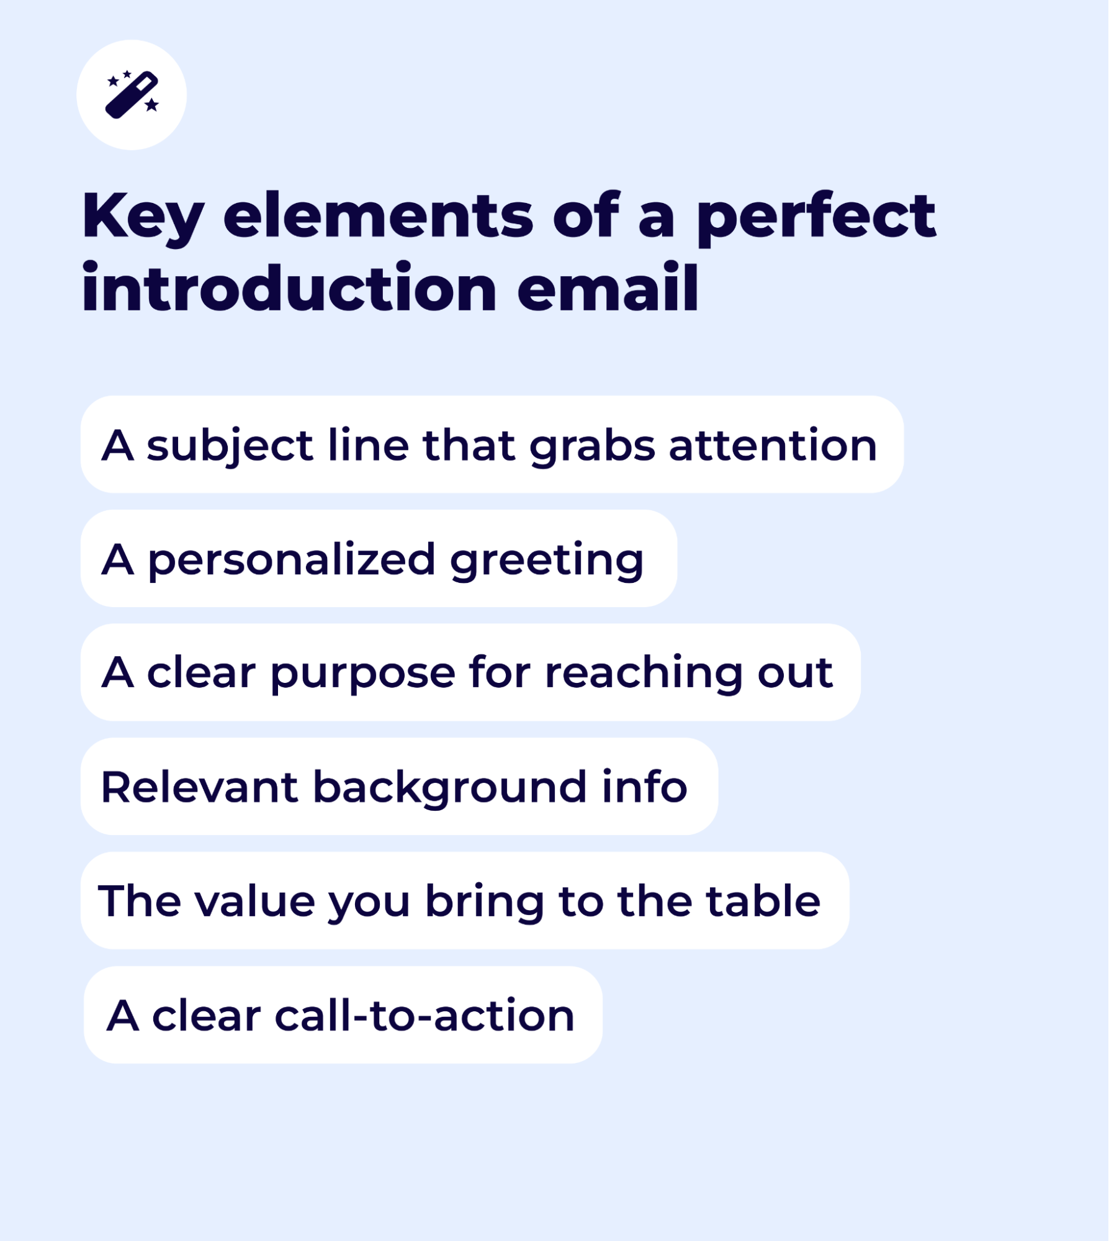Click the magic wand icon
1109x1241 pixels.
[x=132, y=94]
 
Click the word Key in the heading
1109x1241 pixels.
[x=143, y=217]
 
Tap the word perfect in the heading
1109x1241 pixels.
[x=816, y=217]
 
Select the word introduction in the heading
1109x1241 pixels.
[x=289, y=287]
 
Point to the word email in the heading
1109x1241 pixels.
[x=608, y=287]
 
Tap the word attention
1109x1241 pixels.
[x=773, y=446]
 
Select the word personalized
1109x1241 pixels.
[x=292, y=561]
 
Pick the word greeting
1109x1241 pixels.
[x=547, y=561]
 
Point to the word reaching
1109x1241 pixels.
[x=644, y=674]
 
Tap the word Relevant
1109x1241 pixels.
[x=200, y=787]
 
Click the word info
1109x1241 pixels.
[x=645, y=787]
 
